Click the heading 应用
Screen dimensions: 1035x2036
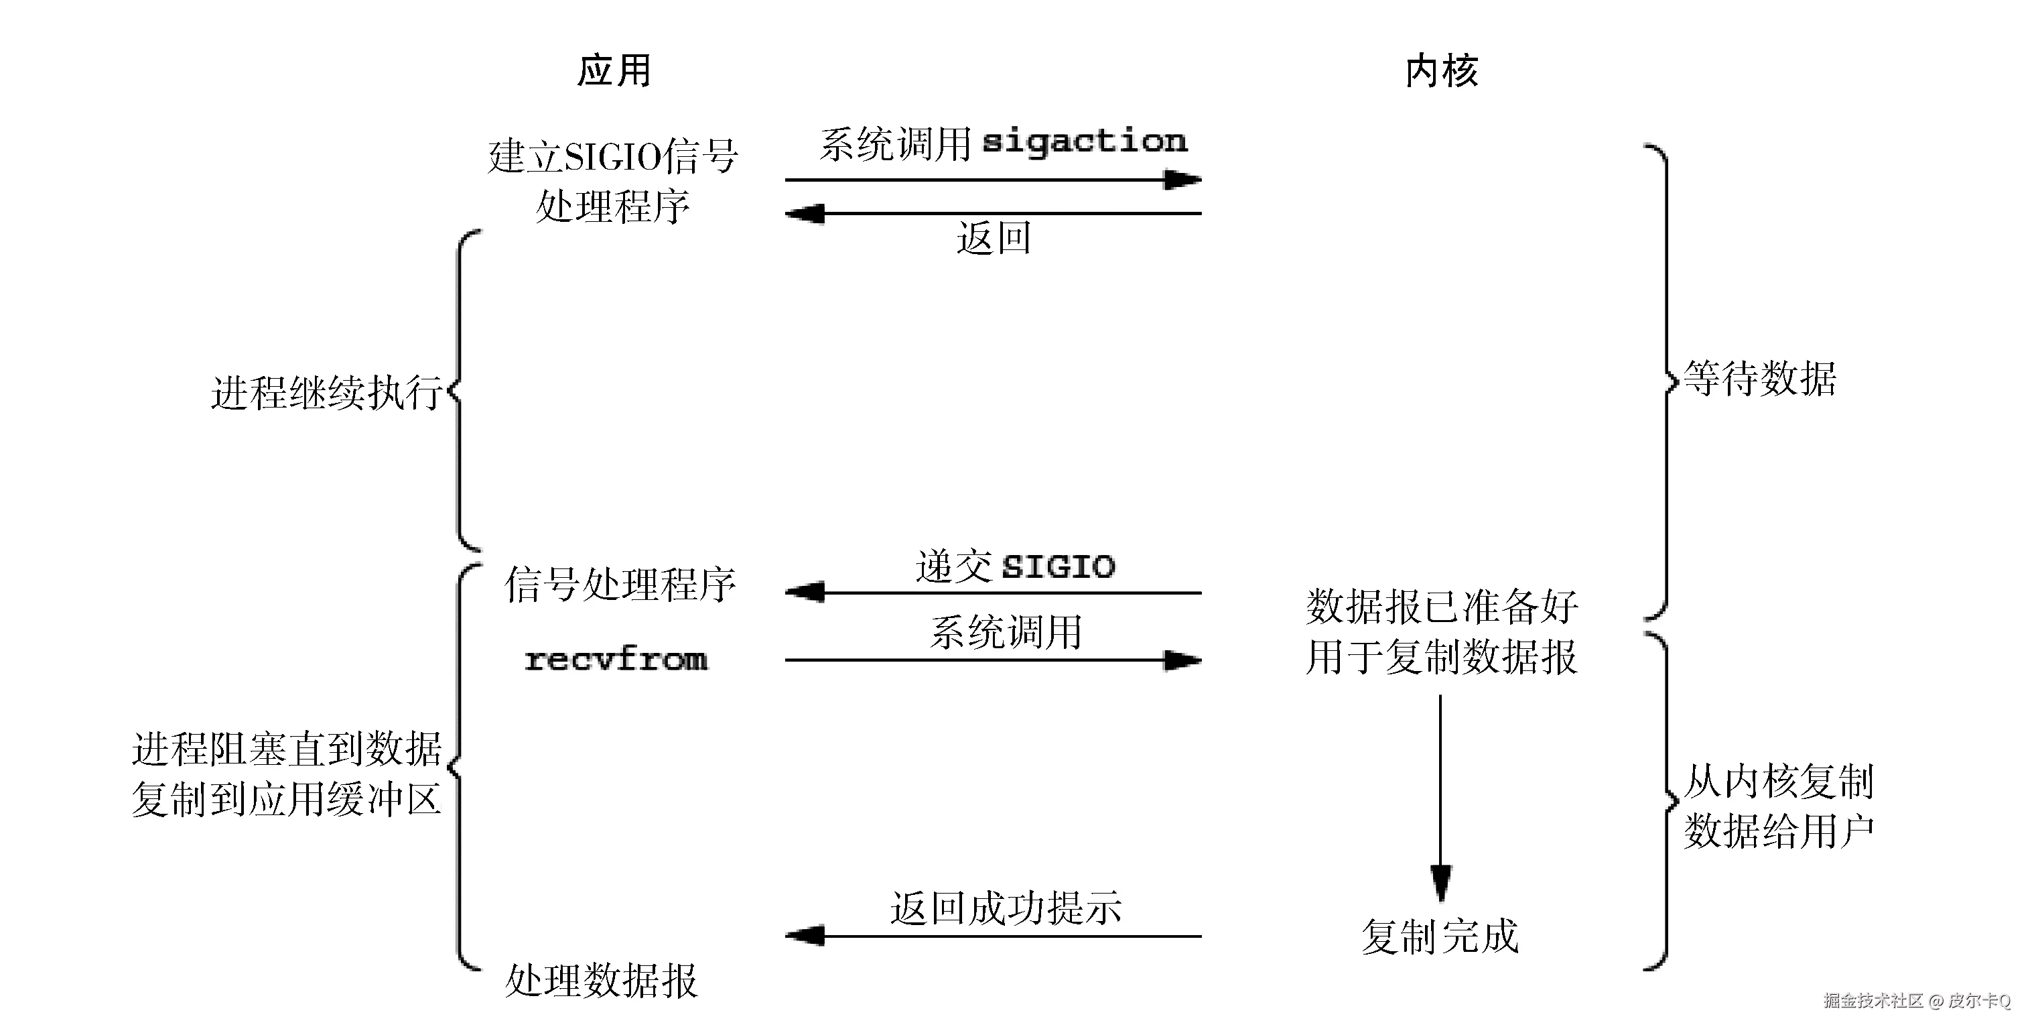614,71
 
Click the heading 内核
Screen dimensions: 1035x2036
1441,71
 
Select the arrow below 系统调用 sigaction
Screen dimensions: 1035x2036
993,180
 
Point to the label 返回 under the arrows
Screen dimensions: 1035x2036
994,238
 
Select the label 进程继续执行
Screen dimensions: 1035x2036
326,393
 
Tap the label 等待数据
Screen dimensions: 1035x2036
1759,379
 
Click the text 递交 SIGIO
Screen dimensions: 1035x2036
1015,566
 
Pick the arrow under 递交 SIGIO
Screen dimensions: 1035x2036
993,592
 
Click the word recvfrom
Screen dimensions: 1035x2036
616,660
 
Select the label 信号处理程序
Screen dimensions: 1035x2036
620,585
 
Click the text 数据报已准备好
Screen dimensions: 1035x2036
1442,607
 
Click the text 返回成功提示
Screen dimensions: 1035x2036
1006,908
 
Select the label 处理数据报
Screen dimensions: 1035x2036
601,981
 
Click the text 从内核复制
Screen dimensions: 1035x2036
1778,782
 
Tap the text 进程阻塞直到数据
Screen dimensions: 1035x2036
286,749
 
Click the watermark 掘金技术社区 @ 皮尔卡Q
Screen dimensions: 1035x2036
1917,1001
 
